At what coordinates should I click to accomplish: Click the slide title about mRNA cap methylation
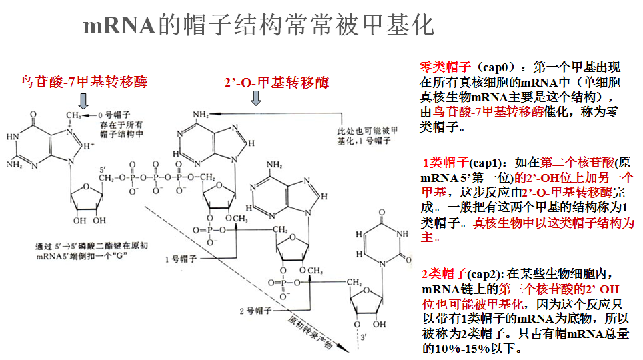pos(258,25)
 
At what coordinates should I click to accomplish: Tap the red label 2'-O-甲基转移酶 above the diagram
pos(277,83)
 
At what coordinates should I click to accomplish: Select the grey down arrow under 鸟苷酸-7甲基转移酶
pos(83,101)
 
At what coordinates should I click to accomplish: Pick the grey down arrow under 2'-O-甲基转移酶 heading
pos(256,99)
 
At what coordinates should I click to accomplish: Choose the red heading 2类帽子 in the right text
pos(444,274)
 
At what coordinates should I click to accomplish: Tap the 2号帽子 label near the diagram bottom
pos(254,311)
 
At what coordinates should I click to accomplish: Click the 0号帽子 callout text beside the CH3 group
pos(113,115)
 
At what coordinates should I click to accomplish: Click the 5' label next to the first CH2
pos(103,167)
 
